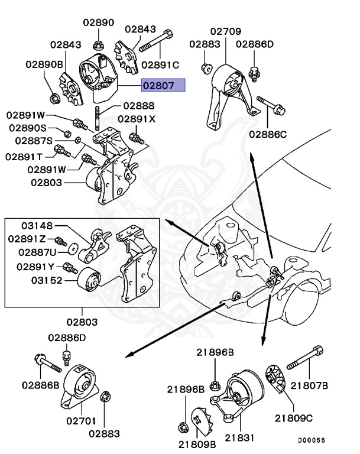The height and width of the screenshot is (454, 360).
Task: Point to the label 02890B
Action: pyautogui.click(x=44, y=64)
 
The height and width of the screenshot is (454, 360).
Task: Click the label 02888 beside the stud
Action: pyautogui.click(x=139, y=106)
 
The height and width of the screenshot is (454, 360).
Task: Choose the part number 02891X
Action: pyautogui.click(x=137, y=119)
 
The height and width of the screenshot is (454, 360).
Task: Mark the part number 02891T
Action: pyautogui.click(x=24, y=157)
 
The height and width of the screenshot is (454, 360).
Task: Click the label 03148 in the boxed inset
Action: pyautogui.click(x=38, y=225)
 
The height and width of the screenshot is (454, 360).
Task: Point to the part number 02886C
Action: pyautogui.click(x=268, y=134)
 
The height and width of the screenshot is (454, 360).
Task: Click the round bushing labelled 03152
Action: pyautogui.click(x=89, y=278)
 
